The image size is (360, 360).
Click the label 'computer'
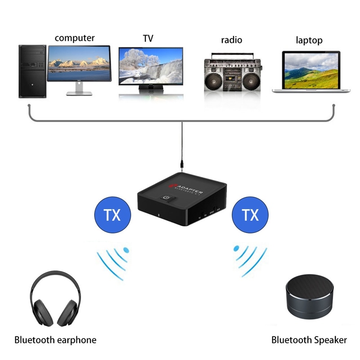click(75, 38)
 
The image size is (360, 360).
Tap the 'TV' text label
click(148, 39)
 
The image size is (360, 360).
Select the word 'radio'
click(231, 40)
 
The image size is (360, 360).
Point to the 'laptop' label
click(309, 40)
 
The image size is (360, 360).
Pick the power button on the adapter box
click(166, 198)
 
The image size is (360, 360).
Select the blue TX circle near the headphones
click(112, 215)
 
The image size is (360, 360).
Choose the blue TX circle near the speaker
click(251, 215)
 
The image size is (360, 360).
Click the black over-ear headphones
click(55, 301)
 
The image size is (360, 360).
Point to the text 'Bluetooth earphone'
click(55, 340)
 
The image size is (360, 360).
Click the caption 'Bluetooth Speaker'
click(309, 340)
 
